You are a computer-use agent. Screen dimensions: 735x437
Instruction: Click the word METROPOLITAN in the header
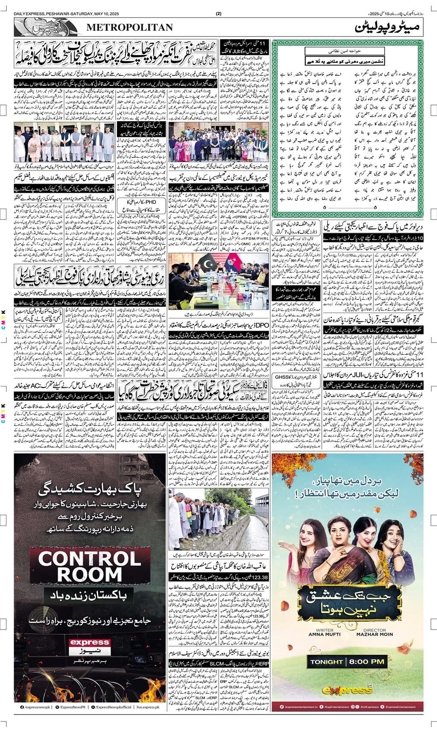[130, 27]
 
